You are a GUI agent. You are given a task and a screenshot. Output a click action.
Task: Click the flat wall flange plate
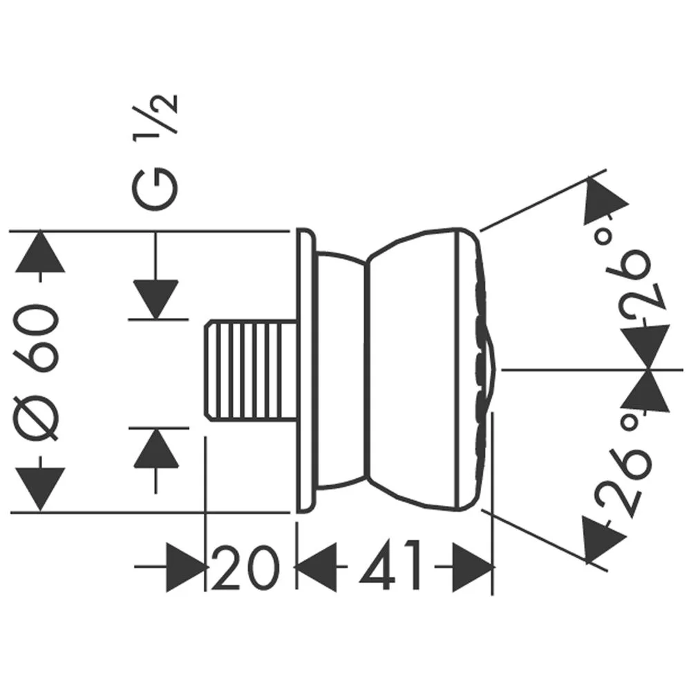(305, 371)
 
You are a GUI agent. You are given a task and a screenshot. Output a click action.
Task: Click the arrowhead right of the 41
(473, 567)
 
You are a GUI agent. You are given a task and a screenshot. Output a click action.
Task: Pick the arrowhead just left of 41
(317, 567)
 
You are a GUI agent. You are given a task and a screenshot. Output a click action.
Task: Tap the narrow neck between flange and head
(342, 371)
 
